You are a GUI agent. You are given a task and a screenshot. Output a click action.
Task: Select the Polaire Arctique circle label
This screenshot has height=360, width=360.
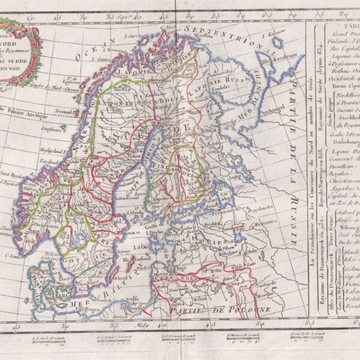coord(24,110)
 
